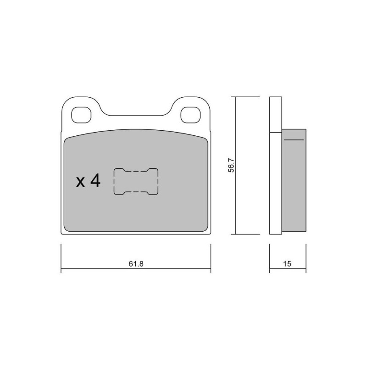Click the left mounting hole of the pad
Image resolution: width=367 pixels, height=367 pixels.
click(81, 115)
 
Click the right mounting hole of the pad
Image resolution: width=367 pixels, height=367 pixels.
click(190, 115)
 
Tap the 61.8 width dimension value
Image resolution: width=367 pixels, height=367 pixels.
click(136, 264)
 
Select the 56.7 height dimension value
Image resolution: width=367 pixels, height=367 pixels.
click(231, 165)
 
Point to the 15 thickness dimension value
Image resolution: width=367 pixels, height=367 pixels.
click(287, 264)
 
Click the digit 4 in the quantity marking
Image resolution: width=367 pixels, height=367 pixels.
click(95, 180)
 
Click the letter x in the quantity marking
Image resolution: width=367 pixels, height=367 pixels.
click(81, 182)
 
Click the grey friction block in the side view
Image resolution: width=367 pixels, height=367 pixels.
click(294, 180)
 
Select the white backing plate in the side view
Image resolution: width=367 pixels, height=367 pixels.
click(276, 166)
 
